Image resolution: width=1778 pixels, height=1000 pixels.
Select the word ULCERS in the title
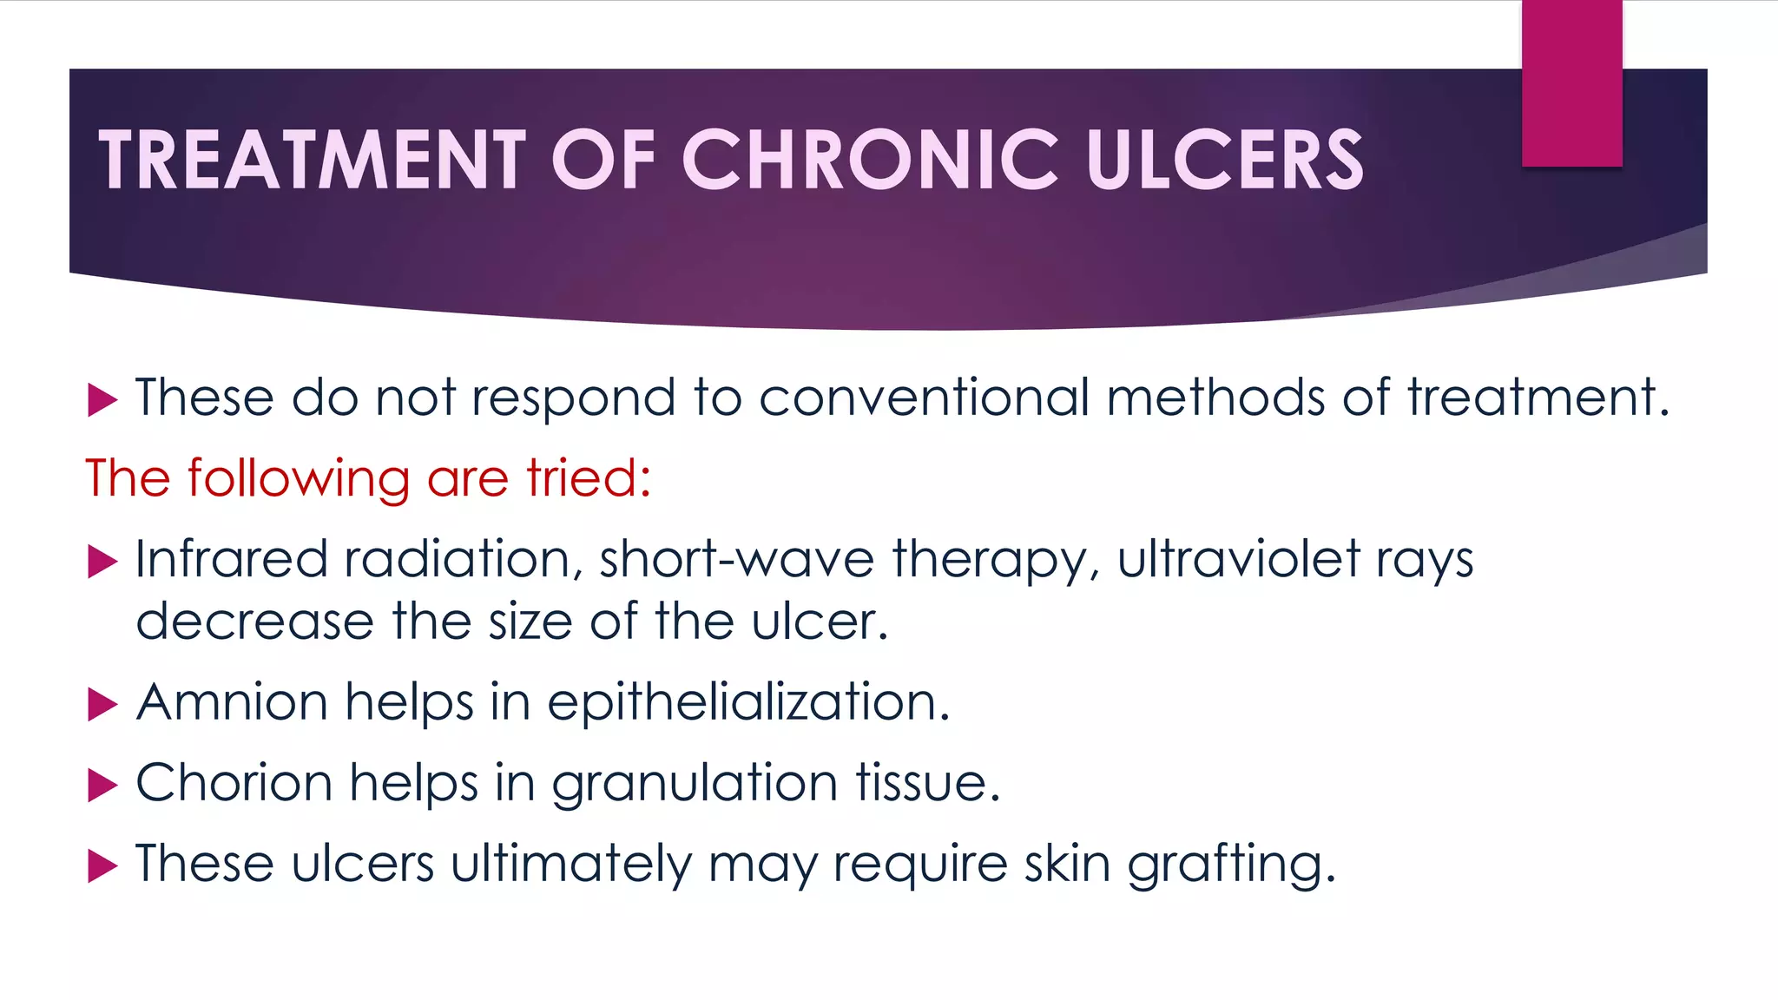pos(1225,159)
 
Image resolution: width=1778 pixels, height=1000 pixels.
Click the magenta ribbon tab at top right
pos(1571,83)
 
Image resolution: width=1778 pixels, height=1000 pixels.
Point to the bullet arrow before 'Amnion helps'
pos(102,705)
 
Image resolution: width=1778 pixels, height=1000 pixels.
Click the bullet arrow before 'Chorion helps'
pos(102,786)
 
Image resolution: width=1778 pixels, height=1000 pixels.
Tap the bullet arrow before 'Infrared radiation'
pos(102,562)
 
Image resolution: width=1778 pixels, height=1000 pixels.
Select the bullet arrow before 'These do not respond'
pos(102,400)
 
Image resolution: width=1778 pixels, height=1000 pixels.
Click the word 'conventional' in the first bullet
pos(924,398)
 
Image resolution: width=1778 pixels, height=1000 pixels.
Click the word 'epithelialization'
pos(748,703)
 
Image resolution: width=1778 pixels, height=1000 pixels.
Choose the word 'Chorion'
pos(234,782)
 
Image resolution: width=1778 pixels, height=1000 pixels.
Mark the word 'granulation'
pos(695,784)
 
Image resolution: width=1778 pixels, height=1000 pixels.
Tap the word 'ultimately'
pos(571,865)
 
